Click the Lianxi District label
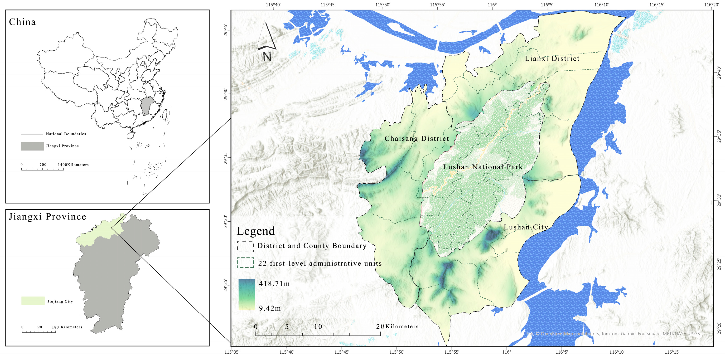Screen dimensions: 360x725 552,58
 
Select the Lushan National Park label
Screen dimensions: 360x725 483,167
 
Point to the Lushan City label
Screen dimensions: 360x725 526,227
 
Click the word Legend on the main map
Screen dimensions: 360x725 256,231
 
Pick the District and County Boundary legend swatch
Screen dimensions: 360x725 245,246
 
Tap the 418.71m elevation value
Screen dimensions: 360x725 274,283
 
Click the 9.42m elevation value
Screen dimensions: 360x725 270,308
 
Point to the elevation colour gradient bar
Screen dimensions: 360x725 246,294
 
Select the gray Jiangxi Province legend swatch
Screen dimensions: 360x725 32,146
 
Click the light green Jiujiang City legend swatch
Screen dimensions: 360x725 33,301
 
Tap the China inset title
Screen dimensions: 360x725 23,22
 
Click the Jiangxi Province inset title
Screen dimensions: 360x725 47,217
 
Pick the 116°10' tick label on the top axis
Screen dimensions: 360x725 602,5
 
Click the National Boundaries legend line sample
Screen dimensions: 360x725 32,134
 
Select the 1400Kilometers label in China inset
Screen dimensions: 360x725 73,165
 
